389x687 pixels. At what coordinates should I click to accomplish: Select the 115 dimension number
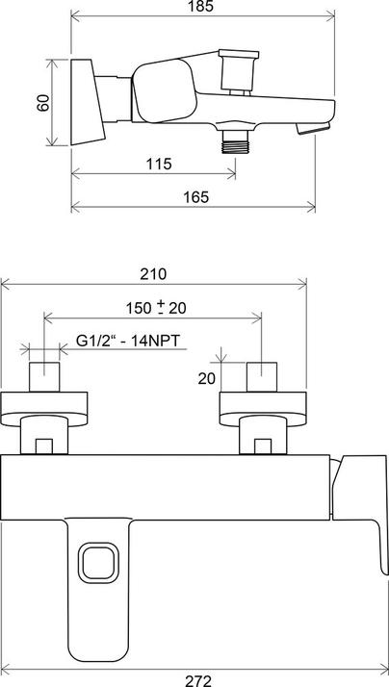tap(160, 164)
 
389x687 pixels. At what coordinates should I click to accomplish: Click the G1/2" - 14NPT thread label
tap(130, 341)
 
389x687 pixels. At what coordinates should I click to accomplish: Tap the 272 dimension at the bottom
tap(197, 679)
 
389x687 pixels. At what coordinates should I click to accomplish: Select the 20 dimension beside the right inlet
tap(206, 378)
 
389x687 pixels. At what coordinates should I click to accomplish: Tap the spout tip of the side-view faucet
tap(319, 126)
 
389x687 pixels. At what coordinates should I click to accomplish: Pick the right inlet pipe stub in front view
tap(263, 375)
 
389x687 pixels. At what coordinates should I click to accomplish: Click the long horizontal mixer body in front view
tap(164, 487)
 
